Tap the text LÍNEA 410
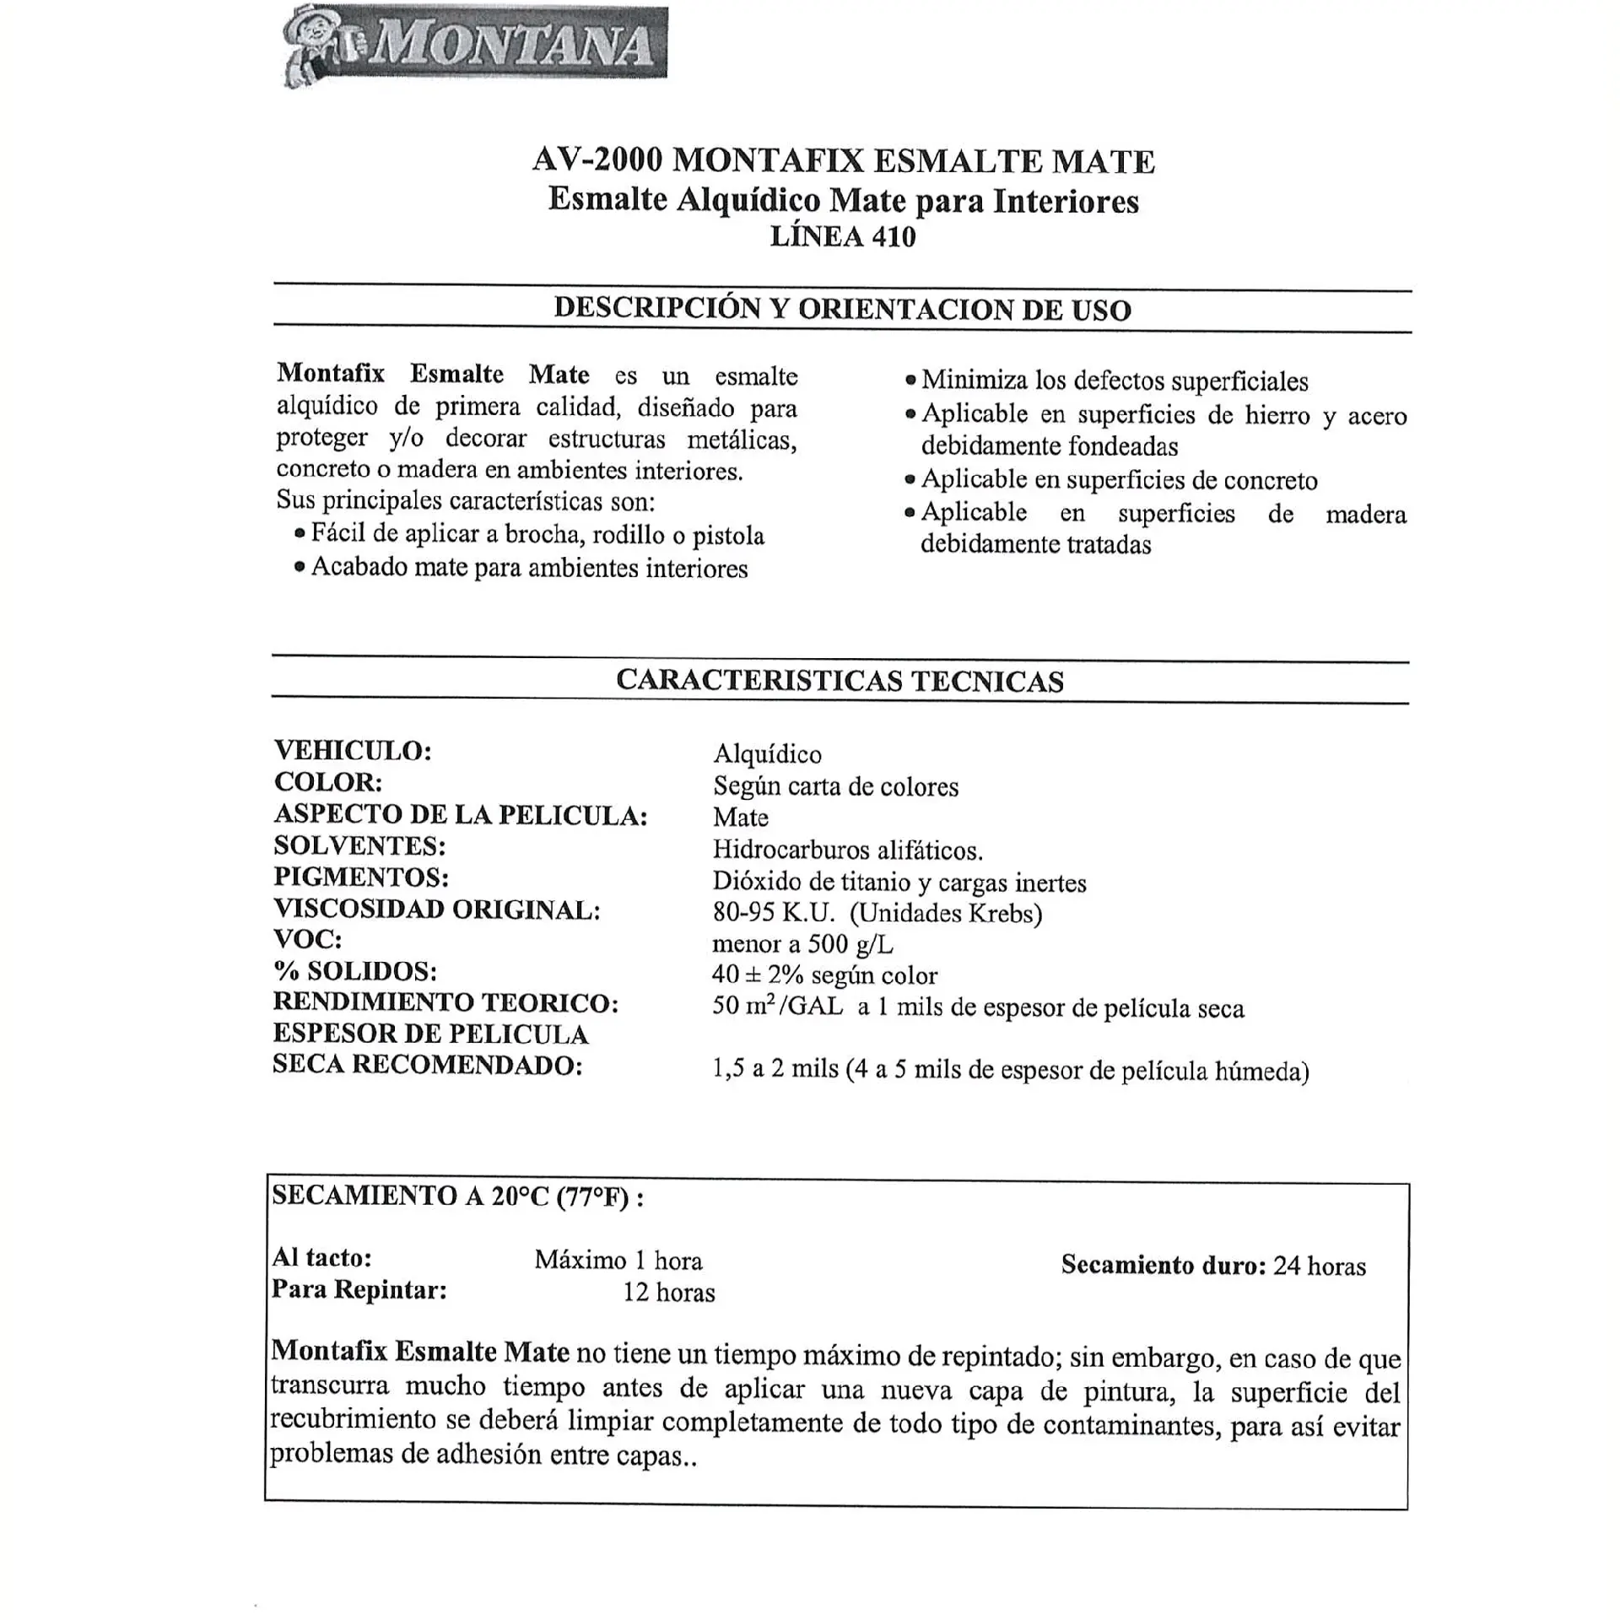click(x=842, y=237)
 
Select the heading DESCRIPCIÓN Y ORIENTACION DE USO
click(x=842, y=309)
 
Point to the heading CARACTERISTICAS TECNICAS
click(x=840, y=680)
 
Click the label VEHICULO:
click(x=353, y=750)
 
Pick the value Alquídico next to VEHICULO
click(x=767, y=753)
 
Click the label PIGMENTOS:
click(x=361, y=877)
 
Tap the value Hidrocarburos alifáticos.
click(x=848, y=850)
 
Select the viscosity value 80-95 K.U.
click(x=774, y=913)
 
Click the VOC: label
click(x=308, y=939)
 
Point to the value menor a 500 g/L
click(x=802, y=944)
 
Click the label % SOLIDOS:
click(x=355, y=971)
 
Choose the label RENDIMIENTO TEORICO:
click(x=445, y=1002)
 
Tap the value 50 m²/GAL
click(x=777, y=1007)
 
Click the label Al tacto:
click(x=321, y=1257)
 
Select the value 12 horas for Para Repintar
click(x=669, y=1293)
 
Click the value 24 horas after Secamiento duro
click(x=1320, y=1266)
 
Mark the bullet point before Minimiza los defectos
click(x=910, y=381)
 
